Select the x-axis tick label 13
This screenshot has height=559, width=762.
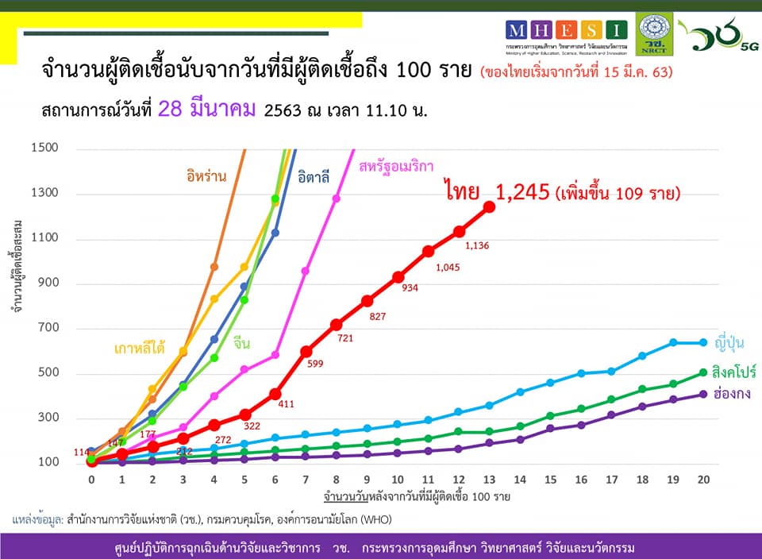(489, 480)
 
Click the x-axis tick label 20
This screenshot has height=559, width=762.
(702, 480)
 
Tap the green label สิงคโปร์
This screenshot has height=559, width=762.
(733, 372)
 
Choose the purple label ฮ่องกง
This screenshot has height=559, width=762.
(729, 395)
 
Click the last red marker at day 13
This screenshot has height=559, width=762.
(489, 207)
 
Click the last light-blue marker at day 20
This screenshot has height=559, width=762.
(702, 343)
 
